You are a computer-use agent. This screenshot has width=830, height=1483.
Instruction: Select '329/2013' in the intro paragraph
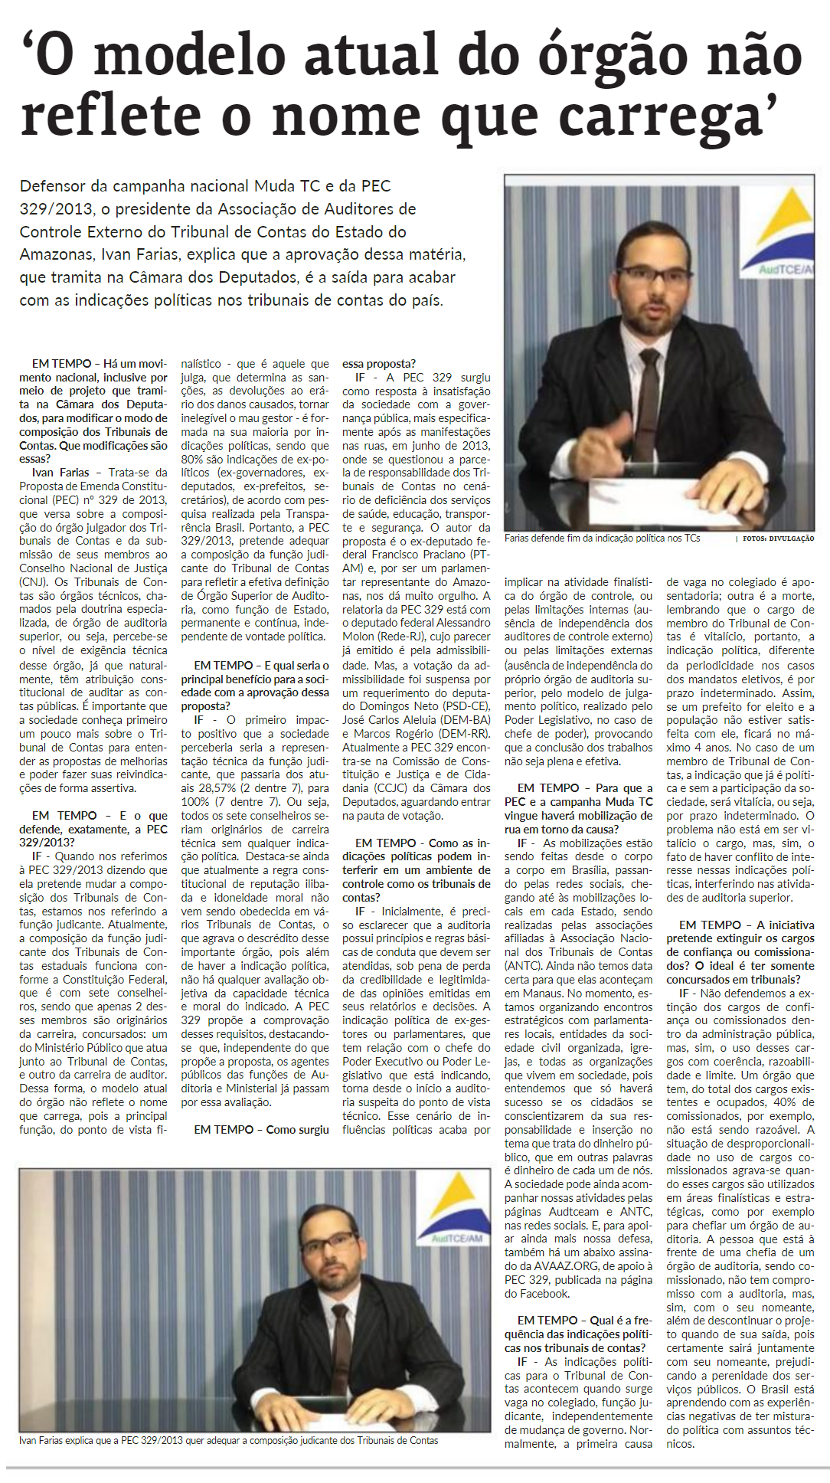pyautogui.click(x=57, y=209)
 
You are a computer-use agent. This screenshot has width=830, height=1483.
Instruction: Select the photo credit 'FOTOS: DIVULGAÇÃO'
pyautogui.click(x=777, y=539)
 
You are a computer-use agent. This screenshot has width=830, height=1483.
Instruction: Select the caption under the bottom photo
pyautogui.click(x=229, y=1441)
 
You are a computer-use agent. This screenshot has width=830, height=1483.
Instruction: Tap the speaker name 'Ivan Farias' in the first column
pyautogui.click(x=60, y=473)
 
